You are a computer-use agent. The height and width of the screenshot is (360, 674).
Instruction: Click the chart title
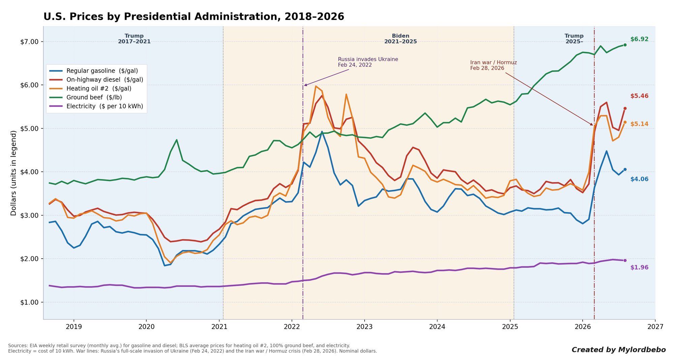tap(194, 17)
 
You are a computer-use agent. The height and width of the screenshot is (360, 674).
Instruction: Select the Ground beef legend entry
tap(86, 97)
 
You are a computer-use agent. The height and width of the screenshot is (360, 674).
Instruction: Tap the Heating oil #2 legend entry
tap(90, 89)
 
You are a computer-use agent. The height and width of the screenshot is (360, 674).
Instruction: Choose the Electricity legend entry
tap(96, 106)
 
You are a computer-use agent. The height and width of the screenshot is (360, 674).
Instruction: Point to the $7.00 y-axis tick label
tap(29, 42)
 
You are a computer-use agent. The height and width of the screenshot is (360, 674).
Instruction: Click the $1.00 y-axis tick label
tap(29, 302)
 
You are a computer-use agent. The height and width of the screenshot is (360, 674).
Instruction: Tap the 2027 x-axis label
tap(655, 327)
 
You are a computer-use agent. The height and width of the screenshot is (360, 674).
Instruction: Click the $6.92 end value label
tap(639, 39)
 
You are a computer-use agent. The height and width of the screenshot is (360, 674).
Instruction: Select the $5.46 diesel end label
tap(639, 96)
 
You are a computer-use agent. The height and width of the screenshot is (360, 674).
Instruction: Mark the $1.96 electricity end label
tap(639, 267)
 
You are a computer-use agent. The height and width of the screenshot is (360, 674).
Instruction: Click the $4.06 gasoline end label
tap(639, 179)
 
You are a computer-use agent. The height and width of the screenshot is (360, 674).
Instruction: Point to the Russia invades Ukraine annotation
tap(368, 62)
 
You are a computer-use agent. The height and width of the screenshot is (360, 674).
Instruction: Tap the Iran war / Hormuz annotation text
tap(493, 65)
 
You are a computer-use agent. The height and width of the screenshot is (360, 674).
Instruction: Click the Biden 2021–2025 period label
tap(400, 39)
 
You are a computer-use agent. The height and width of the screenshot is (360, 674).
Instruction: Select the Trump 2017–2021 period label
tap(134, 39)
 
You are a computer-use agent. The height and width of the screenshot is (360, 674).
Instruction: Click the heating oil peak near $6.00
tap(316, 86)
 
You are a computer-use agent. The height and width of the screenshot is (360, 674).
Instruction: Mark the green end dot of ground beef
tap(625, 45)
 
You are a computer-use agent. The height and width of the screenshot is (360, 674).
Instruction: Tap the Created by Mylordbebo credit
tap(619, 350)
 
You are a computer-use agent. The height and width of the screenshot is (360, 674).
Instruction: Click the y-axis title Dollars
tap(13, 173)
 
